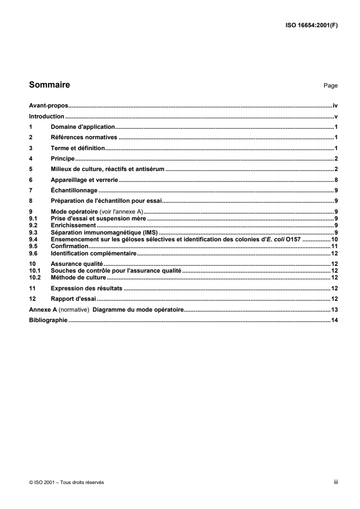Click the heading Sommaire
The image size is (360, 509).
[x=49, y=84]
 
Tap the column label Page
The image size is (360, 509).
[x=330, y=85]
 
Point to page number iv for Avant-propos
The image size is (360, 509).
[x=335, y=105]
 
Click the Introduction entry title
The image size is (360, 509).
[x=46, y=116]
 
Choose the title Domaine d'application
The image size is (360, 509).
[x=84, y=127]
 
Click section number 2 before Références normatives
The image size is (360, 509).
[x=31, y=137]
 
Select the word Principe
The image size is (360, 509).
[x=63, y=158]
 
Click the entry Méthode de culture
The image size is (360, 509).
[x=78, y=277]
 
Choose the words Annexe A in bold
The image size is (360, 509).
[x=43, y=310]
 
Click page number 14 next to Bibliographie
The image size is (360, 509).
[x=335, y=320]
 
